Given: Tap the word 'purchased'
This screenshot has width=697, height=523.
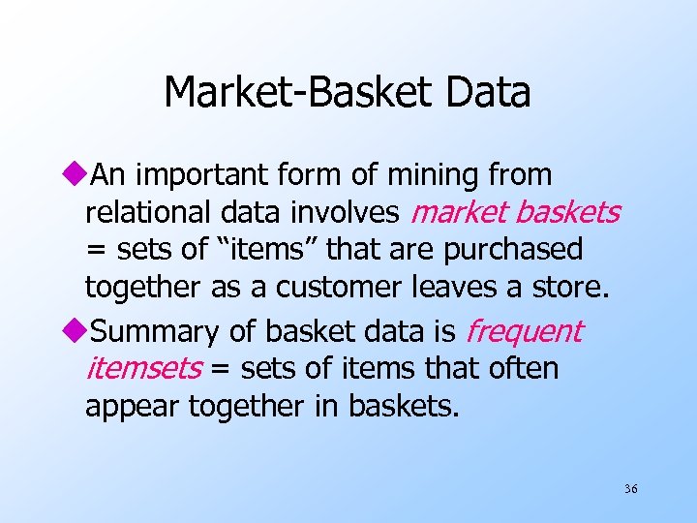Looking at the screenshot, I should click(513, 250).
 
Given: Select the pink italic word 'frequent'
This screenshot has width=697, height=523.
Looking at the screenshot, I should click(524, 332).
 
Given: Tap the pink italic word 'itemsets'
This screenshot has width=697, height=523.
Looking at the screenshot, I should click(144, 369).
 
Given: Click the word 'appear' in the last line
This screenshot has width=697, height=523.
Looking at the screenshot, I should click(133, 407).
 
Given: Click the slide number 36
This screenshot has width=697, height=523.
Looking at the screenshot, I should click(630, 489).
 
